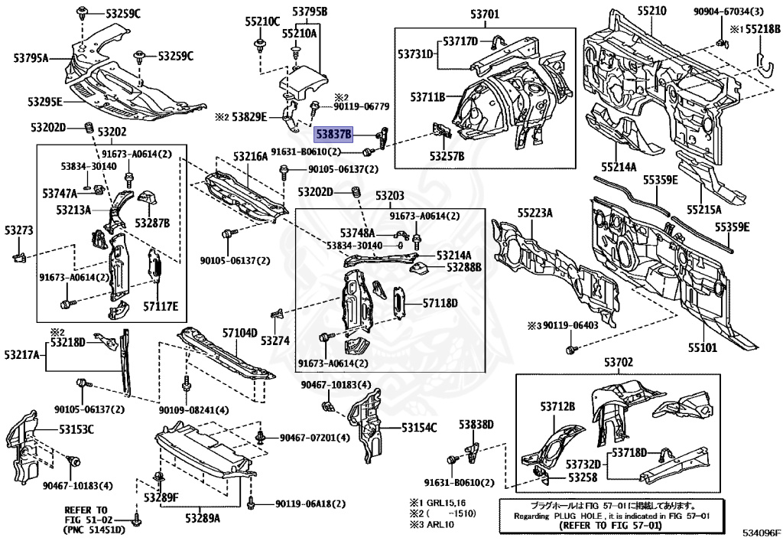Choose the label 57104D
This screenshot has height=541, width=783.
point(240,333)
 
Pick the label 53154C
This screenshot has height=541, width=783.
point(419,429)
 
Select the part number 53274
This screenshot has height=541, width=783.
point(276,340)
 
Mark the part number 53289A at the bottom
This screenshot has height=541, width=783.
point(202,518)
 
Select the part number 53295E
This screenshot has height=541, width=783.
point(45,102)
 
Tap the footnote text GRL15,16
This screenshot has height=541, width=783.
point(447,504)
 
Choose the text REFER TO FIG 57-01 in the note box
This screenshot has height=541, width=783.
point(612,526)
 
